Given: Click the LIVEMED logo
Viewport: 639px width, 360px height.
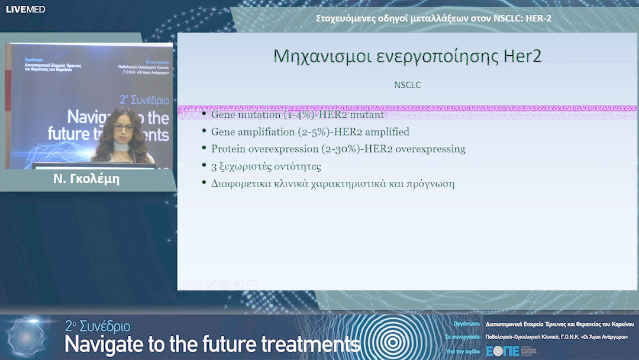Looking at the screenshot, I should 25,9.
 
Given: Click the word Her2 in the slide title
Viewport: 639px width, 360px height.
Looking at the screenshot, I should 521,56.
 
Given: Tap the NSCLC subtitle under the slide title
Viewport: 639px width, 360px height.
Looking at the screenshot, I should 407,85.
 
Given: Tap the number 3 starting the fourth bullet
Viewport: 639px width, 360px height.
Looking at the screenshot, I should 214,166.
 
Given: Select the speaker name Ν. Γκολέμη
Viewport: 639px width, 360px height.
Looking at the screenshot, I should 86,179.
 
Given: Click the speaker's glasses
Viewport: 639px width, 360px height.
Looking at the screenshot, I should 123,127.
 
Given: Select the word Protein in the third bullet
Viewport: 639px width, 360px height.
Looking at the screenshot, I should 228,149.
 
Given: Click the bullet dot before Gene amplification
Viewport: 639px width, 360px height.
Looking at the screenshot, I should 204,131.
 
